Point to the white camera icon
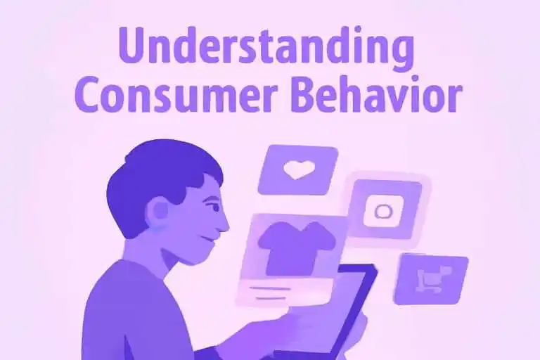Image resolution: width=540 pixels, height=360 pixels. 384,211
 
